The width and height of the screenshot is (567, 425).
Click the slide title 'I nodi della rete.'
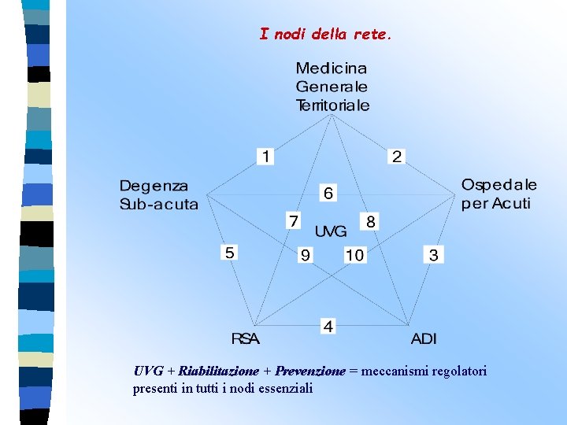pyautogui.click(x=325, y=35)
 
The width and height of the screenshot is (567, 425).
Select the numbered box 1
pyautogui.click(x=266, y=157)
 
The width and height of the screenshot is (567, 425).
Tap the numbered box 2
pyautogui.click(x=397, y=157)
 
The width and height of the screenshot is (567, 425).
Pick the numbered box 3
pyautogui.click(x=434, y=254)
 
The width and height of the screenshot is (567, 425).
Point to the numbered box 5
pyautogui.click(x=230, y=253)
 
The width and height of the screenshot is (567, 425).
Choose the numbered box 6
pyautogui.click(x=328, y=193)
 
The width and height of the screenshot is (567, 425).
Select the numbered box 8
pyautogui.click(x=370, y=221)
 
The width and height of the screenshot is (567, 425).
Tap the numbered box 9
pyautogui.click(x=305, y=255)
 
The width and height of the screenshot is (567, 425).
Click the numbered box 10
pyautogui.click(x=354, y=255)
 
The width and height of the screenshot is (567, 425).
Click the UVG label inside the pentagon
pyautogui.click(x=331, y=231)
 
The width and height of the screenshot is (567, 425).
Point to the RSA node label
pyautogui.click(x=245, y=339)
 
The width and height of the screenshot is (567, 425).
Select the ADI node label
pyautogui.click(x=424, y=339)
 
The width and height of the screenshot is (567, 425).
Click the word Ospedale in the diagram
pyautogui.click(x=499, y=186)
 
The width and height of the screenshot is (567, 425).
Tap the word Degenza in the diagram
pyautogui.click(x=154, y=187)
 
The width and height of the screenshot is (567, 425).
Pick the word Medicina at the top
pyautogui.click(x=332, y=68)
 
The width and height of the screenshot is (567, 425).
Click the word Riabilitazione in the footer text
pyautogui.click(x=218, y=371)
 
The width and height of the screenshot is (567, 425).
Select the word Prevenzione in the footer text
pyautogui.click(x=310, y=371)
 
